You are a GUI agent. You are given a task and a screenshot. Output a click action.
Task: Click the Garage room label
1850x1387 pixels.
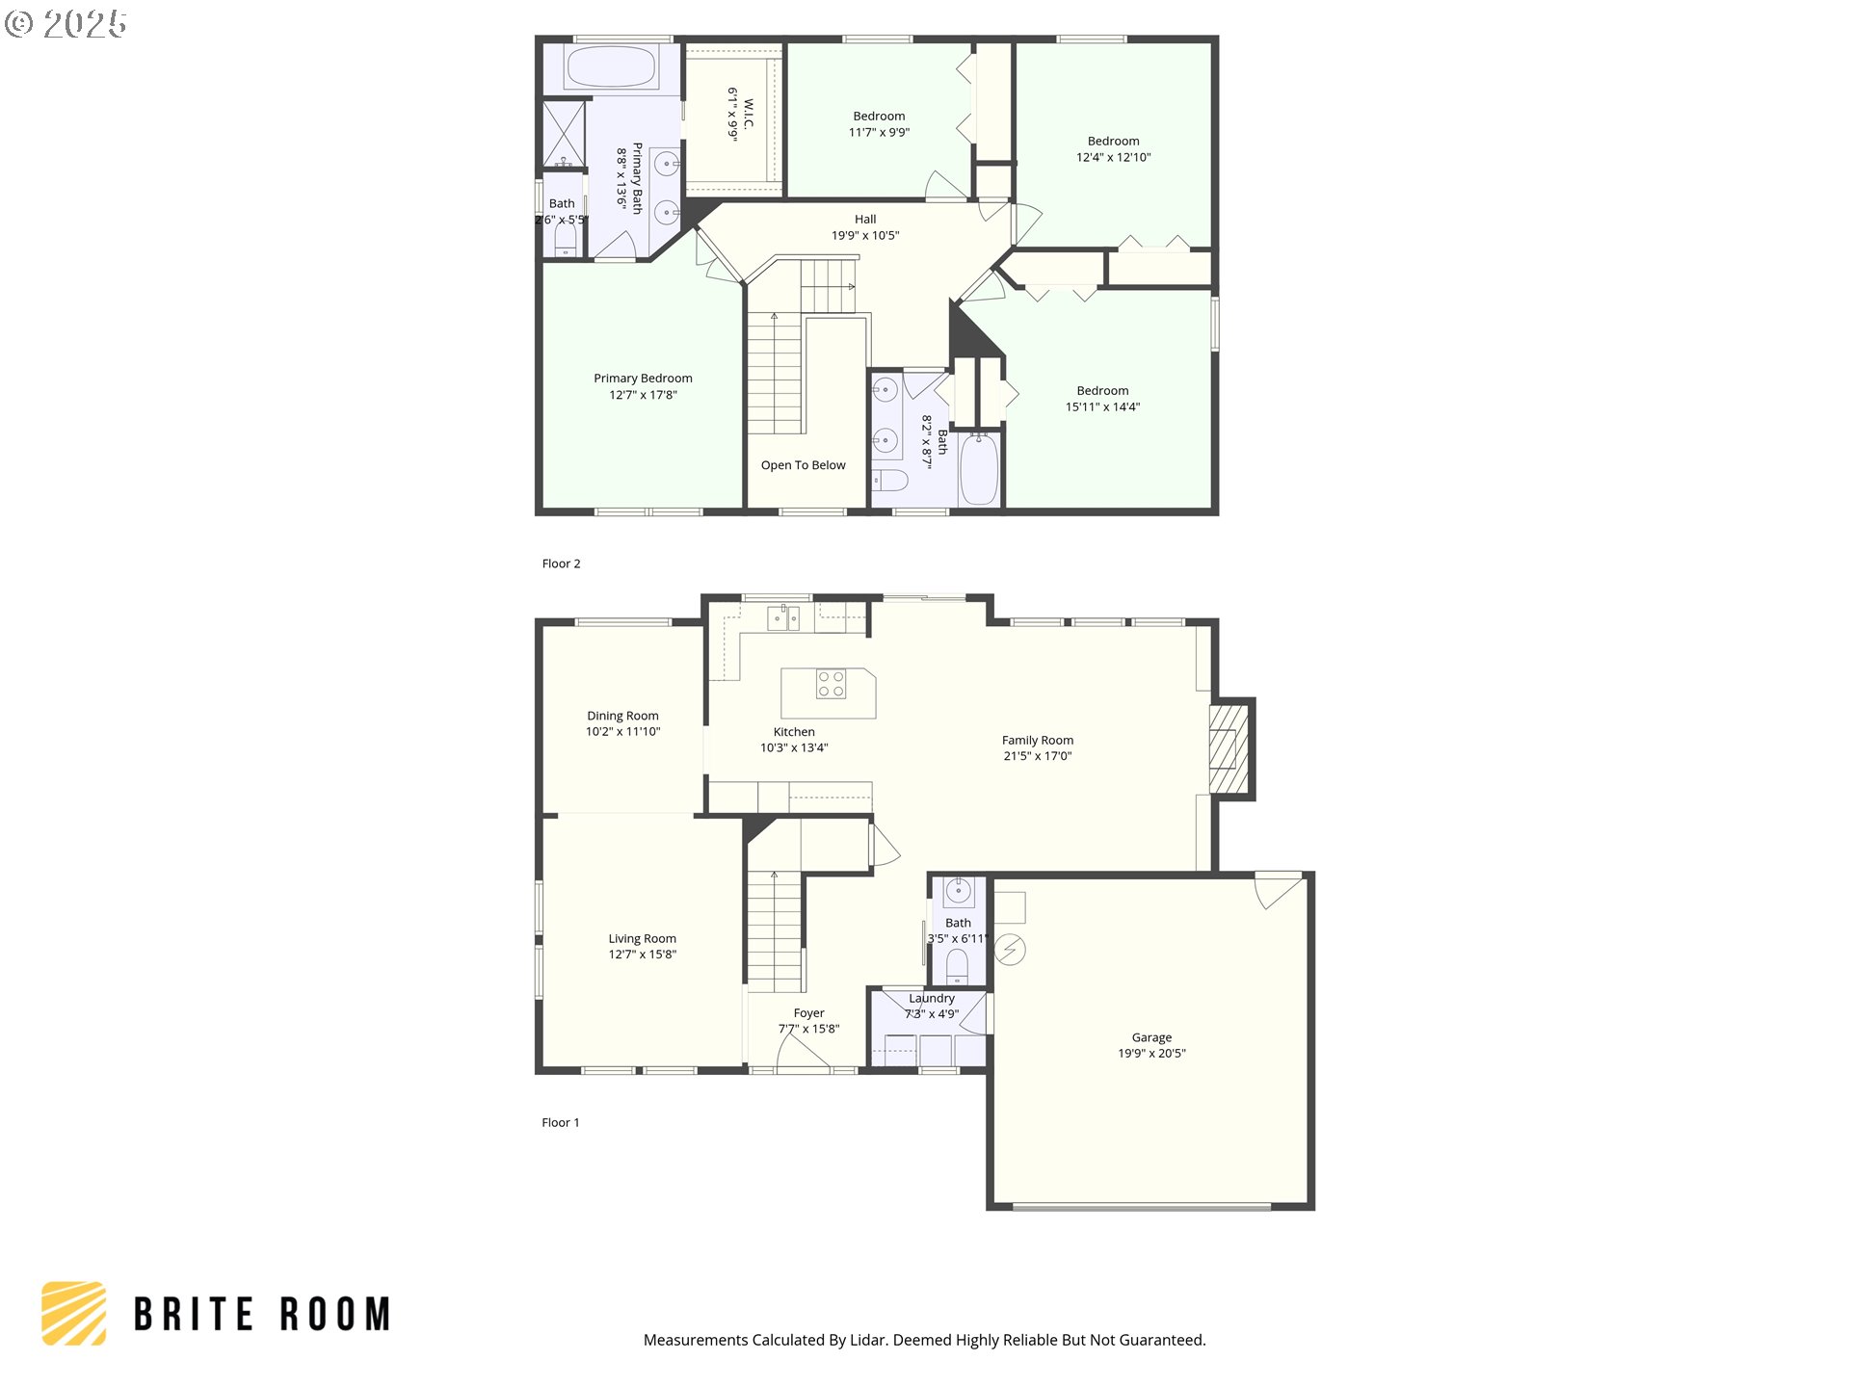click(x=1151, y=1037)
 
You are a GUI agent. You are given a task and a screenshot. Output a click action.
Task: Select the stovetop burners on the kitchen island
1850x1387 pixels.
click(x=831, y=684)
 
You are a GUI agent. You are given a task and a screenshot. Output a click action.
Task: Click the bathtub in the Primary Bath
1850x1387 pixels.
click(x=611, y=67)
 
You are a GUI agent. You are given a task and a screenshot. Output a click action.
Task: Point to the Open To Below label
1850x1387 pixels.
click(x=803, y=465)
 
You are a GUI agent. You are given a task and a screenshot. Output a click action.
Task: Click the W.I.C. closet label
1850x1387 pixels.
click(x=749, y=114)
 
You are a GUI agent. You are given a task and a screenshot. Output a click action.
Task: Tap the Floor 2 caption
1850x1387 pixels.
click(x=561, y=563)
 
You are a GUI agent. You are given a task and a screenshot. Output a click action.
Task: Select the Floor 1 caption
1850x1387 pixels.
click(x=560, y=1122)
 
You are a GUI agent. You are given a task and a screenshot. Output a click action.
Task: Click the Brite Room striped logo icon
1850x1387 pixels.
click(x=74, y=1313)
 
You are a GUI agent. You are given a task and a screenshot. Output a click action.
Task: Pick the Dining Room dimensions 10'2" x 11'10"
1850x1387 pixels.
click(x=622, y=732)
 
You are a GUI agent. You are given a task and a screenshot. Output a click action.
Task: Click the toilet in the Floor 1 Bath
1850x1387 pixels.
click(x=957, y=964)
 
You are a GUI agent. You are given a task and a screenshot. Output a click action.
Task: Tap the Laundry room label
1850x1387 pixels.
click(x=932, y=999)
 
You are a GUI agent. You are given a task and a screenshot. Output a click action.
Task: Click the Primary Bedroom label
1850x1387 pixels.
click(x=643, y=379)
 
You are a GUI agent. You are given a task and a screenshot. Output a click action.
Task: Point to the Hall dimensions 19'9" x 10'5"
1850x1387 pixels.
click(x=865, y=235)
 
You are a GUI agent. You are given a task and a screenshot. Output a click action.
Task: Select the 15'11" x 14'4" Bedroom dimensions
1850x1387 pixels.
click(x=1102, y=407)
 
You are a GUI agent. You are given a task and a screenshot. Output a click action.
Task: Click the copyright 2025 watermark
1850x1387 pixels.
click(x=66, y=24)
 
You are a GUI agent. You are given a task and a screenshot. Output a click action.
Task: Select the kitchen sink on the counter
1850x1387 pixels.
click(x=783, y=617)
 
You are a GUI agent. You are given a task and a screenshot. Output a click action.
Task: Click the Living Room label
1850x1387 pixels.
click(x=642, y=938)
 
